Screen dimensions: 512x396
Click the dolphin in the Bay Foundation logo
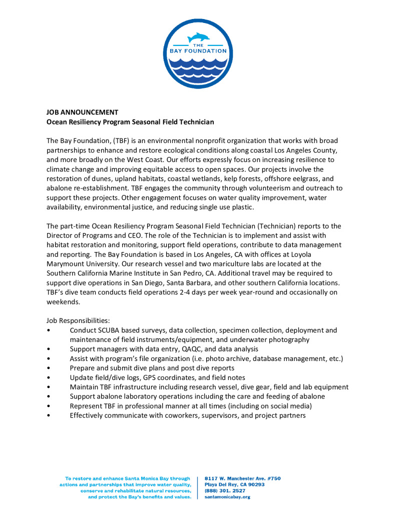pyautogui.click(x=198, y=38)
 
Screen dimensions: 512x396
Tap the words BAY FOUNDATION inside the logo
pyautogui.click(x=198, y=51)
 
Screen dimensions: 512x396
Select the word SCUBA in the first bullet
pyautogui.click(x=109, y=330)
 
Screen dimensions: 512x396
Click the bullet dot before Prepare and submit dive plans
pyautogui.click(x=48, y=368)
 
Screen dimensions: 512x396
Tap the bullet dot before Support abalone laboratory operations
pyautogui.click(x=48, y=396)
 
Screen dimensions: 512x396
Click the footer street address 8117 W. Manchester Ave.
pyautogui.click(x=243, y=478)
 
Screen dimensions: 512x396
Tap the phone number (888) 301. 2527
pyautogui.click(x=225, y=491)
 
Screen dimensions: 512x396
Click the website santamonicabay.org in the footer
pyautogui.click(x=228, y=497)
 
